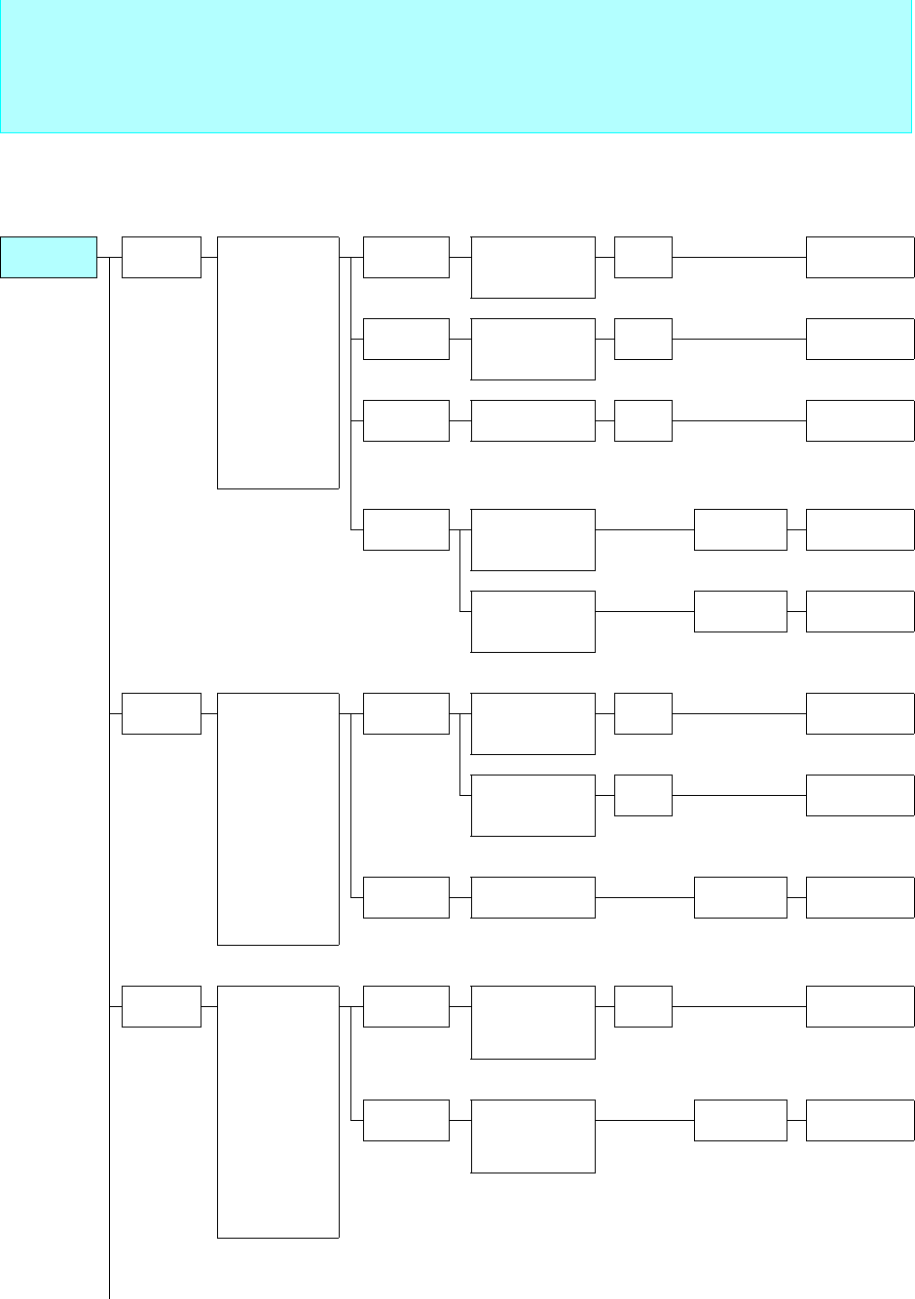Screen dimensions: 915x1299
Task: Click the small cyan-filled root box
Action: pos(49,257)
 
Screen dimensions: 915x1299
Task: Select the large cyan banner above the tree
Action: pos(456,66)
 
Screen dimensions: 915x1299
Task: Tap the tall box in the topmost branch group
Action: pos(277,362)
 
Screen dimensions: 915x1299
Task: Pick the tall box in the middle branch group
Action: pos(277,818)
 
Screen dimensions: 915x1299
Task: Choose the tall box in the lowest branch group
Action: pos(277,1111)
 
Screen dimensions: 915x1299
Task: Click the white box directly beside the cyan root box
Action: pos(161,257)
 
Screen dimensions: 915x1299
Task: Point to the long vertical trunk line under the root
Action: pos(110,778)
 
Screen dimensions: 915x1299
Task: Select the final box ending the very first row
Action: pos(860,257)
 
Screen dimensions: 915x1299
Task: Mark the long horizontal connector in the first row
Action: pos(739,257)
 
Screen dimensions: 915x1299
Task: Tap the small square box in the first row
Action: pos(643,257)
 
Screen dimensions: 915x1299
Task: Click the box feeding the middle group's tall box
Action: pos(161,713)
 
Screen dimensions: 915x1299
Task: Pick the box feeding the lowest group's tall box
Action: pos(161,1006)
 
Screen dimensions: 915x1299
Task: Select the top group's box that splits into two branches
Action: pos(406,529)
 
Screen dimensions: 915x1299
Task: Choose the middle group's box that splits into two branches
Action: pos(406,713)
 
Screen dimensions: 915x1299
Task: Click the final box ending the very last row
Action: pos(860,1120)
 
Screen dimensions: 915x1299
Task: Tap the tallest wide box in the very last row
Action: pos(532,1136)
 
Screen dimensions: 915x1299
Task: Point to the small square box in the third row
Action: pos(643,420)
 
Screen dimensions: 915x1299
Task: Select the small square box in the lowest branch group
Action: pos(643,1006)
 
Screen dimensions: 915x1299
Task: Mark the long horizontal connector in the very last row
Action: pos(644,1120)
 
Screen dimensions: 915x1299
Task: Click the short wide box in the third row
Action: pos(532,420)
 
